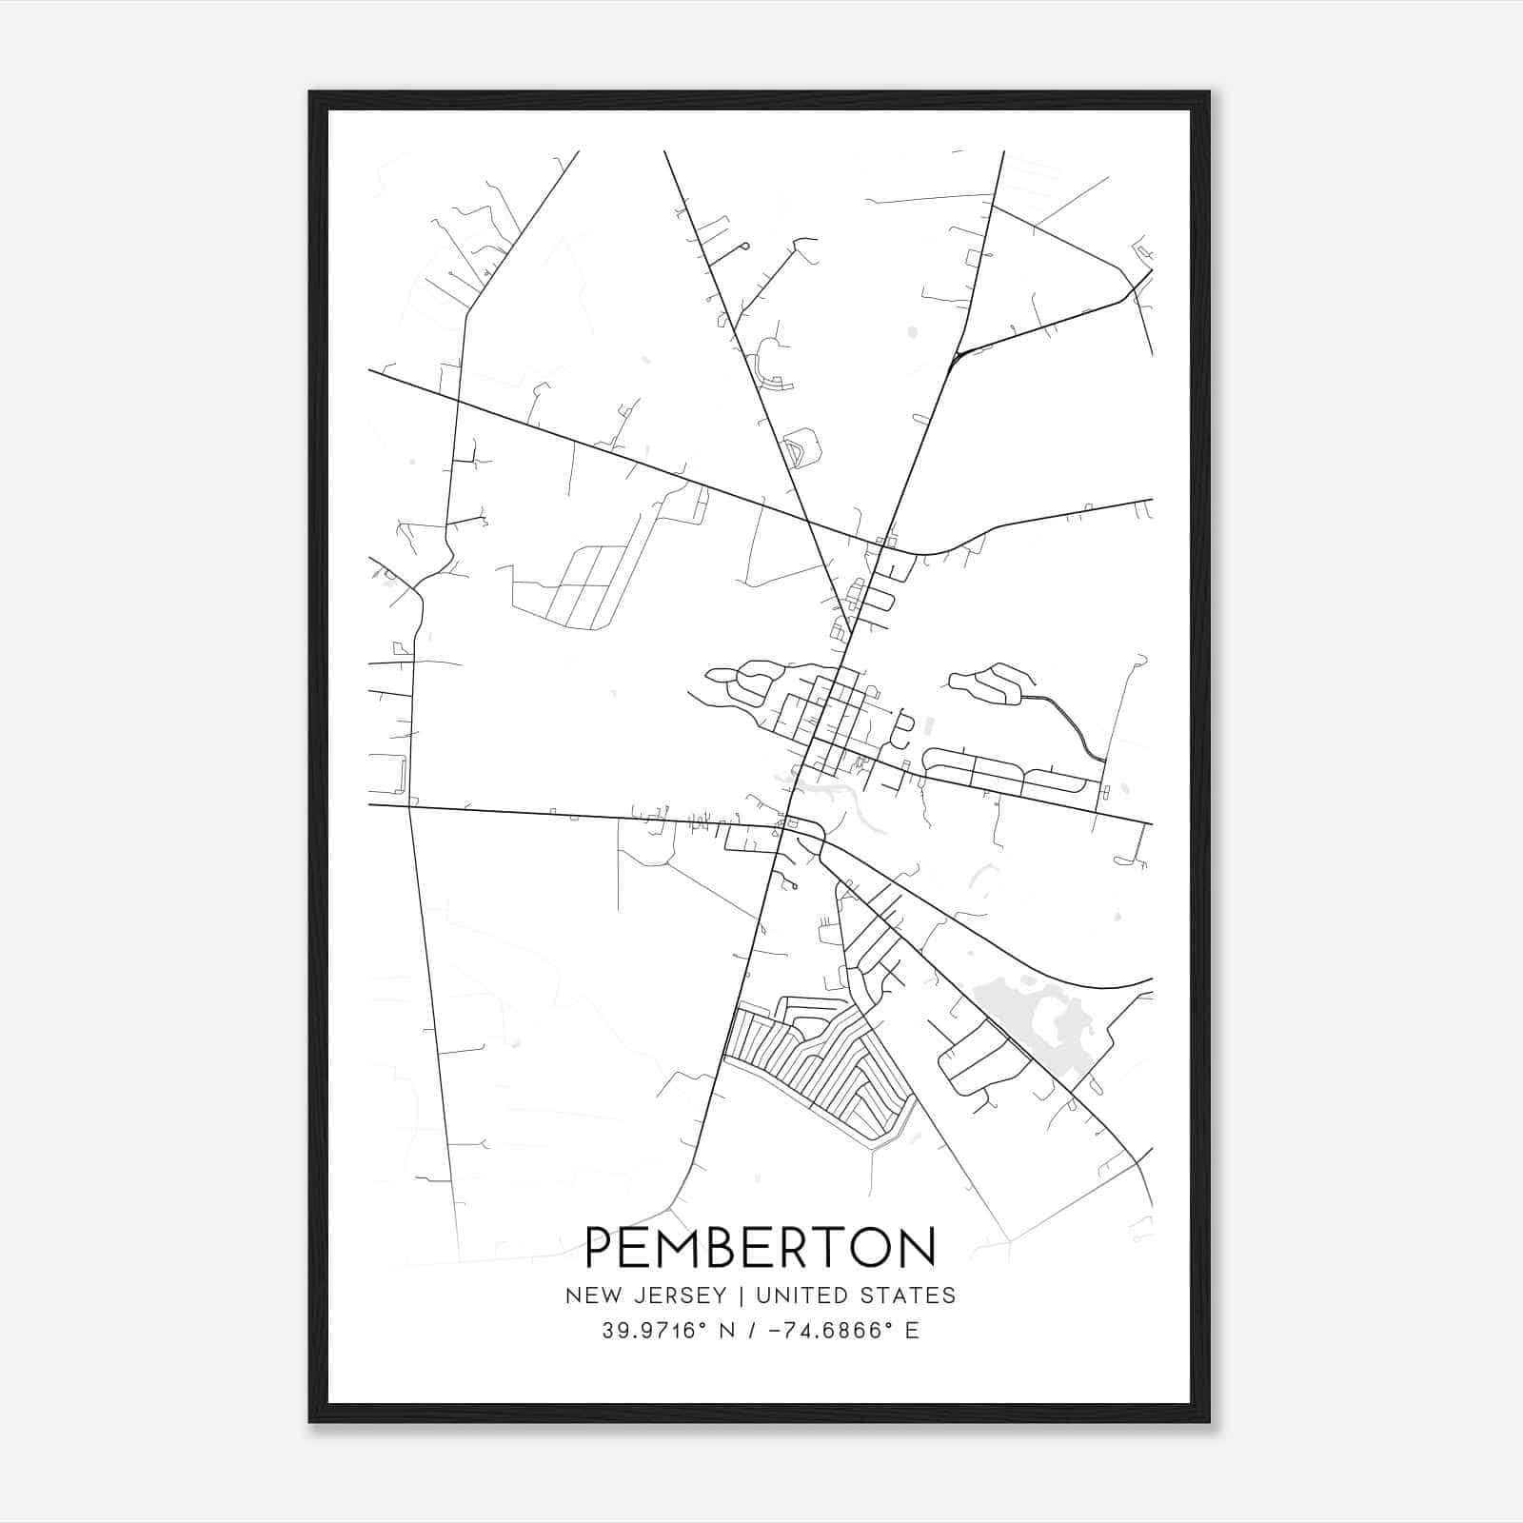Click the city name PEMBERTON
point(761,1248)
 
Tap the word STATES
point(915,1296)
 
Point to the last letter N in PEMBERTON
point(918,1248)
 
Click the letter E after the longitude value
point(913,1331)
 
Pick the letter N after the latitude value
point(727,1331)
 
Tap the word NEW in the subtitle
point(587,1296)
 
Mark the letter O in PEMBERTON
point(873,1248)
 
